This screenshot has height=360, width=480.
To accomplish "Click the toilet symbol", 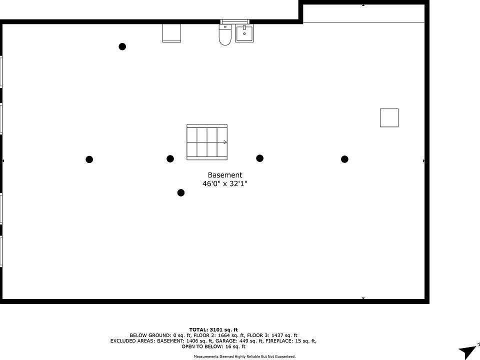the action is click(225, 34).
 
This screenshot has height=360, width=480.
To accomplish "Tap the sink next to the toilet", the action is click(244, 33).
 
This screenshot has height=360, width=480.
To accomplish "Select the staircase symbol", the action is click(207, 142).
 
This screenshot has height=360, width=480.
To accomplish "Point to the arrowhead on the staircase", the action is click(225, 142).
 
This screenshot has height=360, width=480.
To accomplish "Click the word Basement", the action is click(225, 175).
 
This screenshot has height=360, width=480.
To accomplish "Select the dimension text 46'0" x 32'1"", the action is click(225, 183).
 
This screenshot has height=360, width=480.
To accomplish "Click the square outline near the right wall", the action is click(389, 117).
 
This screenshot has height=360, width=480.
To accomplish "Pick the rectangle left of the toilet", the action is click(171, 32).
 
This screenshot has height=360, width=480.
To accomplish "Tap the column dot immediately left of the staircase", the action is click(170, 158).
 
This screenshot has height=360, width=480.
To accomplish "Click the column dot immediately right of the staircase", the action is click(259, 158).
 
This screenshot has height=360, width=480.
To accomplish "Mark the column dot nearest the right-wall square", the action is click(344, 159).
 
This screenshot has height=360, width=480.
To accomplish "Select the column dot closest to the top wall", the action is click(122, 46).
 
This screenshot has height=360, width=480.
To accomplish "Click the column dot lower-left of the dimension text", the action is click(181, 192).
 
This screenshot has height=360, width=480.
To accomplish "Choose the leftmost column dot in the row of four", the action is click(89, 159).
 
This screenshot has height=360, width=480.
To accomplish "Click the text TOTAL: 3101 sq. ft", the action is click(213, 329).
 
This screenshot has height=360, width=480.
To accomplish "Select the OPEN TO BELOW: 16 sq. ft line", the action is click(213, 346).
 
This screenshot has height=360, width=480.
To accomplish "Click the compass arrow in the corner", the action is click(468, 350).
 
